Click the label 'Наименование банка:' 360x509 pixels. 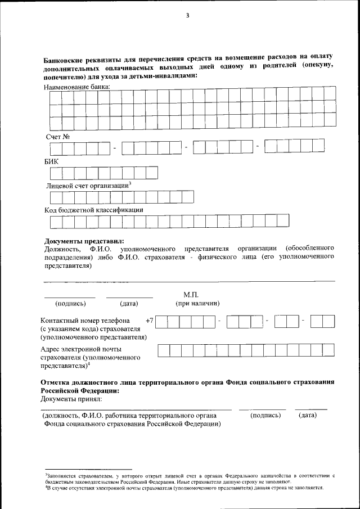pos(77,87)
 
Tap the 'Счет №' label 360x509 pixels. pos(57,136)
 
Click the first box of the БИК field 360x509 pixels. pos(56,173)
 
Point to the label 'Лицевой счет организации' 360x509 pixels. pos(87,186)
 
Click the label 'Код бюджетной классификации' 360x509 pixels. pos(93,210)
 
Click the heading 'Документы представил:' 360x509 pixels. pos(84,241)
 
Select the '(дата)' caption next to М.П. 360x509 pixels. pos(129,304)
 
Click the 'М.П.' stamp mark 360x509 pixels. pos(191,295)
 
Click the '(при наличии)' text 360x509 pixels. pos(197,304)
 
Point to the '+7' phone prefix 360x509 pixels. pos(149,321)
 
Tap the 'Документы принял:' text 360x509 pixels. pos(71,399)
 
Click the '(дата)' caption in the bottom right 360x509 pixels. pos(308,415)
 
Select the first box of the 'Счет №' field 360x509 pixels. pos(56,148)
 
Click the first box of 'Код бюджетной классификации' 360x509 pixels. pos(56,223)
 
